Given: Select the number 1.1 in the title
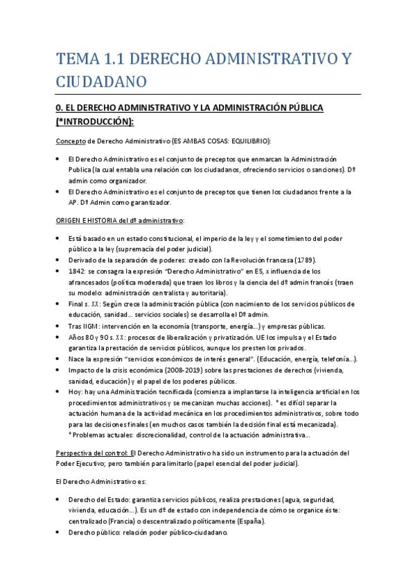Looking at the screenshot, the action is (x=123, y=60).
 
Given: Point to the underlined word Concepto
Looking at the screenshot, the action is (x=71, y=141).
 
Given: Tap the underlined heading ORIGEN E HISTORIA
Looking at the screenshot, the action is (x=89, y=221).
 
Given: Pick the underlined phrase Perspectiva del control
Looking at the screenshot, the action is (x=90, y=453).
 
